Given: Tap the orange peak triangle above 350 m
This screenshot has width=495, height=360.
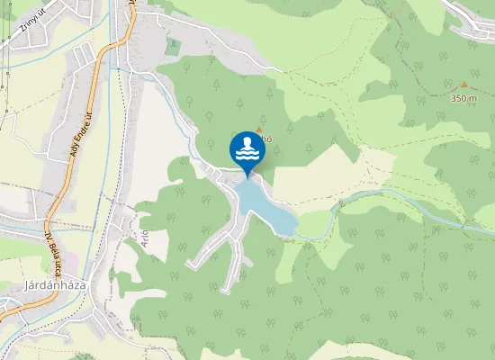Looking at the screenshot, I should coord(464,84).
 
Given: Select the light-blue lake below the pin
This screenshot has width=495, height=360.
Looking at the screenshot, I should coord(265,206).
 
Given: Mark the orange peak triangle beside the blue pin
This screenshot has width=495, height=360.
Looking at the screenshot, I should coord(258,130).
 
